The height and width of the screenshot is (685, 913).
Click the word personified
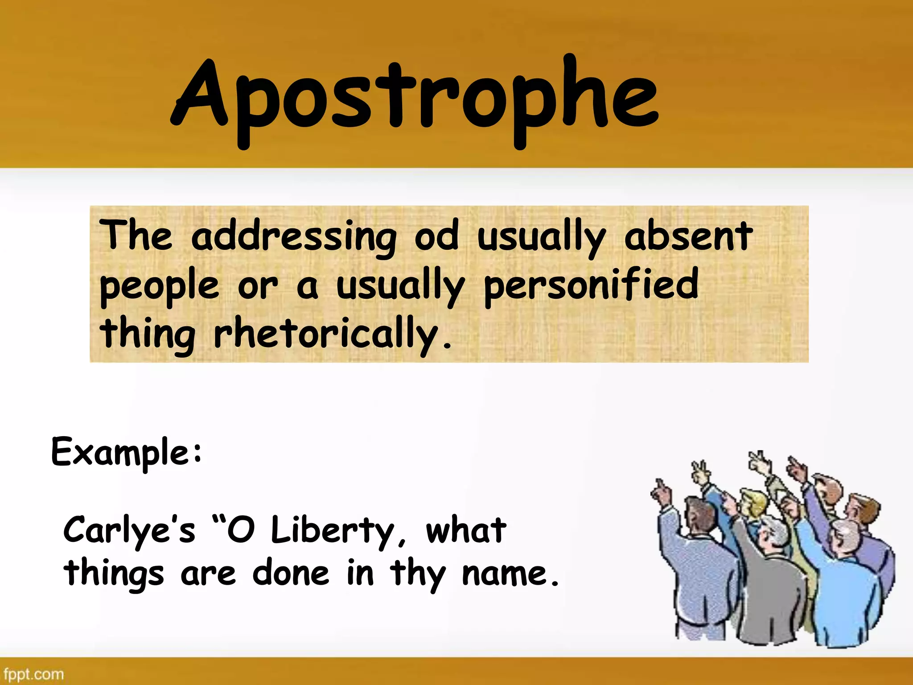pyautogui.click(x=591, y=285)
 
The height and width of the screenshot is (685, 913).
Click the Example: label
pyautogui.click(x=127, y=452)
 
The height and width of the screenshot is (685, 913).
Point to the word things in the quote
pyautogui.click(x=114, y=574)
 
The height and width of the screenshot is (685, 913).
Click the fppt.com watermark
pyautogui.click(x=33, y=674)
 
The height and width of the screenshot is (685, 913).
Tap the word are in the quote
pyautogui.click(x=208, y=574)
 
